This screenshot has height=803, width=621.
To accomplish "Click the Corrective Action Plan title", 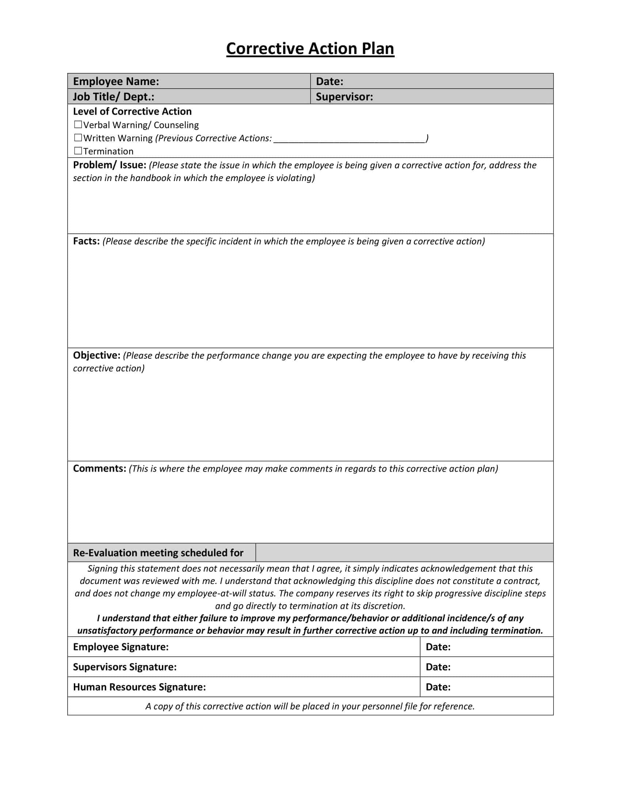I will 310,49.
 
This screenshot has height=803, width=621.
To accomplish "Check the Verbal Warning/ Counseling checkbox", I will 78,124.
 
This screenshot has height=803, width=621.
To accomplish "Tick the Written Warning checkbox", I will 78,138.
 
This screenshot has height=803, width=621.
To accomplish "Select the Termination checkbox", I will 78,151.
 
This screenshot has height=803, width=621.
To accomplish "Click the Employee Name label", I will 116,81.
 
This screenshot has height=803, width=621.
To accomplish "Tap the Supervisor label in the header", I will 344,97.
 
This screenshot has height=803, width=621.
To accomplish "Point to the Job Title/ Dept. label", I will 113,97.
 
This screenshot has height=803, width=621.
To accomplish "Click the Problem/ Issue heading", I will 110,165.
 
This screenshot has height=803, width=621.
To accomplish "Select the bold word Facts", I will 87,241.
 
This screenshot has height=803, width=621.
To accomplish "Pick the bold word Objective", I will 97,355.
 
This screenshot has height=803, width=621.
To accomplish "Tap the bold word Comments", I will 100,468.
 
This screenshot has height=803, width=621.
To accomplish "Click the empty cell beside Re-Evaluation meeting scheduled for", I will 404,553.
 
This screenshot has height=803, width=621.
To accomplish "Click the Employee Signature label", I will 121,647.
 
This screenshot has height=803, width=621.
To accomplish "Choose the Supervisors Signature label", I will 125,667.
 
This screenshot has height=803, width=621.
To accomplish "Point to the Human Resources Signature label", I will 139,687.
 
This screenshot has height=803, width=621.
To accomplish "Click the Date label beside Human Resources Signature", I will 438,687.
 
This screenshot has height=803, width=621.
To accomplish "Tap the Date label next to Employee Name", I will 329,81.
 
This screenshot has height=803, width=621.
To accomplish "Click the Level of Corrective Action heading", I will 132,111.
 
